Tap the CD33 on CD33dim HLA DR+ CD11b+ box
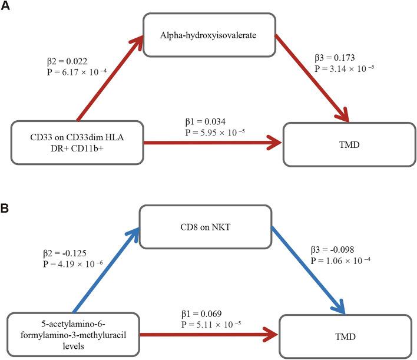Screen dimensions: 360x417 point(79,143)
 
